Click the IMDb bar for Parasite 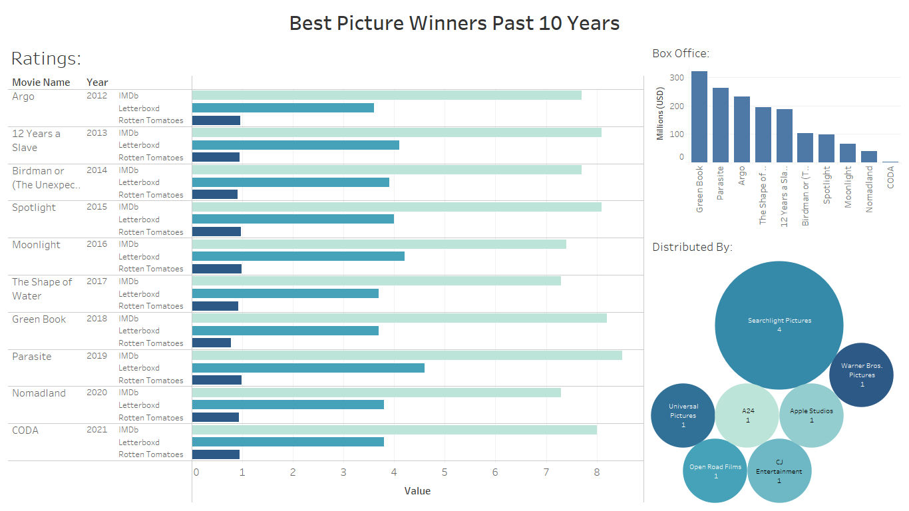[x=407, y=355]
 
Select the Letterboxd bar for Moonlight [x=298, y=257]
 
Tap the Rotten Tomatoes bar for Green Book [x=212, y=343]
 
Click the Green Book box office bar [x=699, y=116]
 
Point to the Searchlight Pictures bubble [x=779, y=325]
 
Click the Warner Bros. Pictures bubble [x=861, y=375]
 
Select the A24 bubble [x=747, y=416]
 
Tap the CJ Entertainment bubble [x=779, y=471]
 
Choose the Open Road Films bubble [x=715, y=471]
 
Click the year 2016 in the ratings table [x=96, y=244]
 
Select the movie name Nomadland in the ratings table [x=39, y=393]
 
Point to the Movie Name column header [x=41, y=83]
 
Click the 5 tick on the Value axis [x=445, y=472]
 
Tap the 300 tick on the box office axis [x=677, y=78]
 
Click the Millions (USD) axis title [x=661, y=113]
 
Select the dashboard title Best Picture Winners [x=454, y=23]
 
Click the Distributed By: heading [x=692, y=247]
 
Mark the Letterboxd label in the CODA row [x=139, y=442]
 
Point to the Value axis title [x=417, y=491]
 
